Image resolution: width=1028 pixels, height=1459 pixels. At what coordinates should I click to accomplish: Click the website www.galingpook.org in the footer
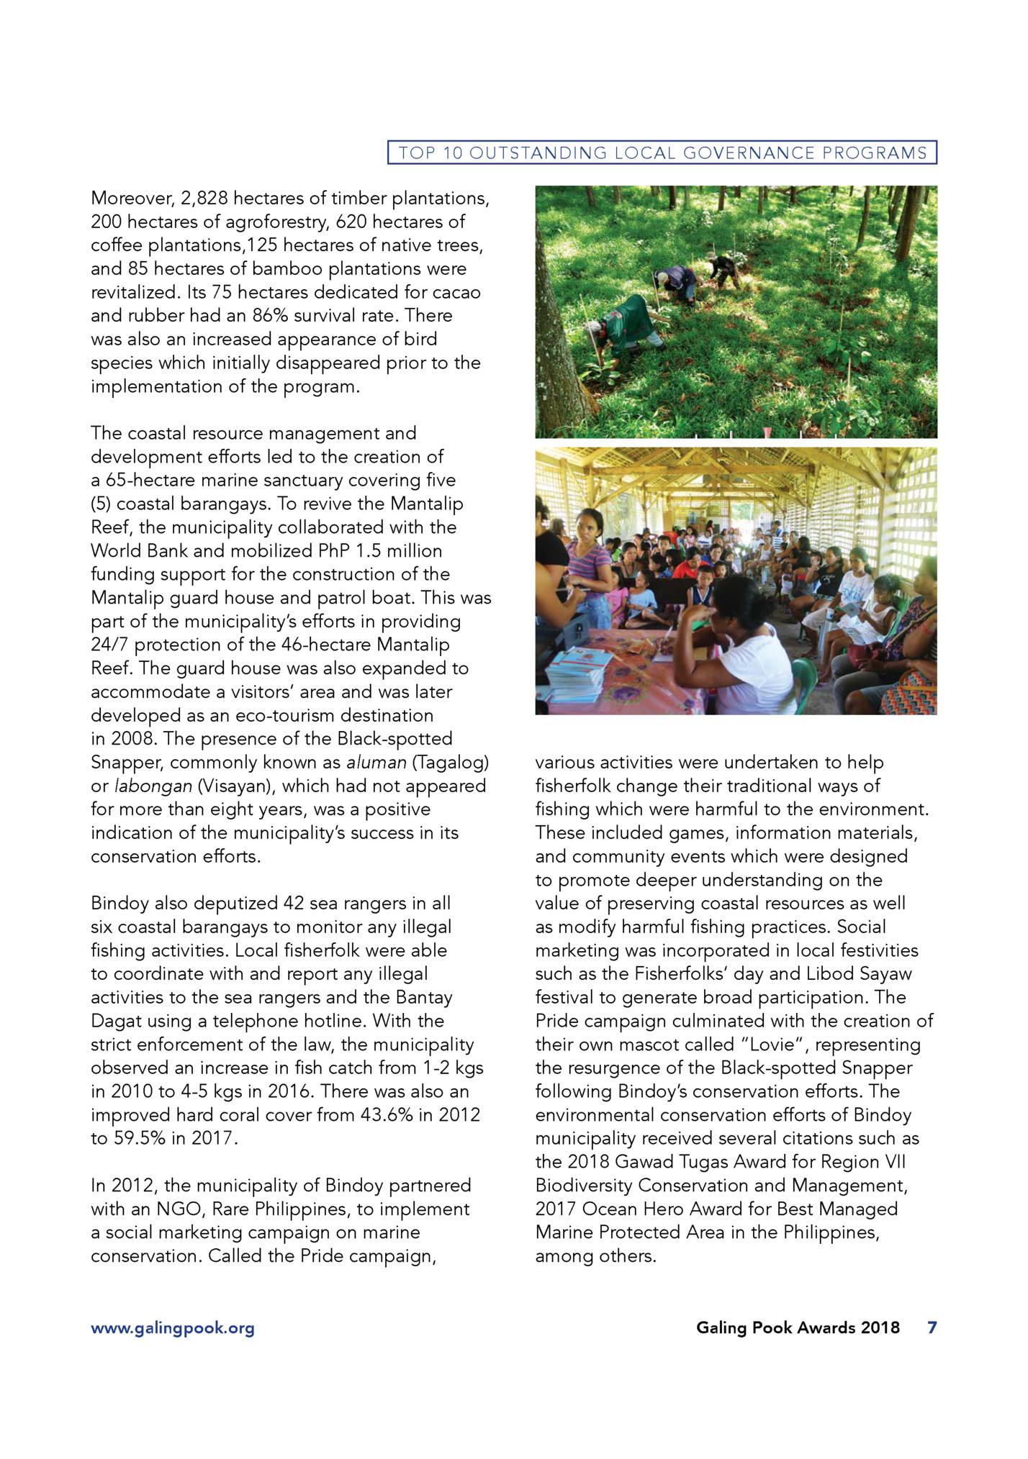pyautogui.click(x=173, y=1328)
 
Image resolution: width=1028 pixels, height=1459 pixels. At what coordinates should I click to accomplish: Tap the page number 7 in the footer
pyautogui.click(x=932, y=1327)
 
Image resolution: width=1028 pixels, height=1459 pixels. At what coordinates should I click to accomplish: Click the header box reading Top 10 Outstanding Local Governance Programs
pyautogui.click(x=662, y=153)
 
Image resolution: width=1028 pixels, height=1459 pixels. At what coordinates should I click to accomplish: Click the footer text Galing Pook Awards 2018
pyautogui.click(x=798, y=1327)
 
